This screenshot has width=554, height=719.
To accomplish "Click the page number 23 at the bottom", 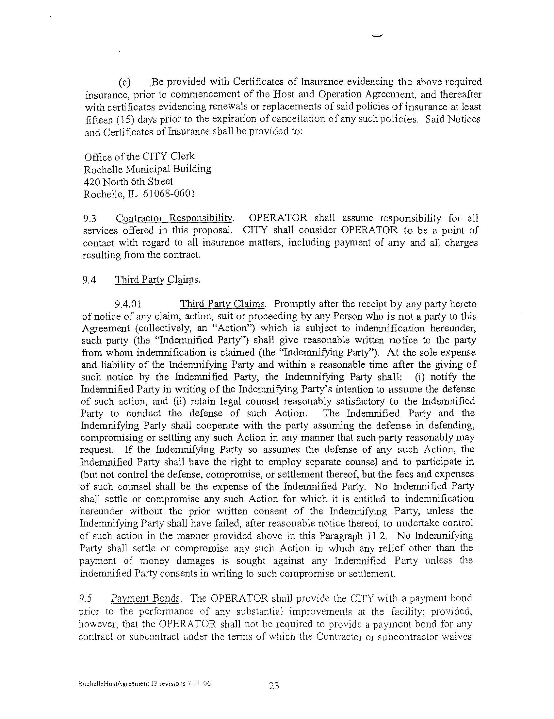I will pos(274,686).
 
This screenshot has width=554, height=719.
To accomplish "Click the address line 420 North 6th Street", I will pos(128,181).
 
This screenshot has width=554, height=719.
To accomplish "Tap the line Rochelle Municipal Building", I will pos(147,169).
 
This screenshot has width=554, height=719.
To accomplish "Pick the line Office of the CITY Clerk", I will pos(139,156).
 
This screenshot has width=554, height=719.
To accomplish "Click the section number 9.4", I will pos(89,280).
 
